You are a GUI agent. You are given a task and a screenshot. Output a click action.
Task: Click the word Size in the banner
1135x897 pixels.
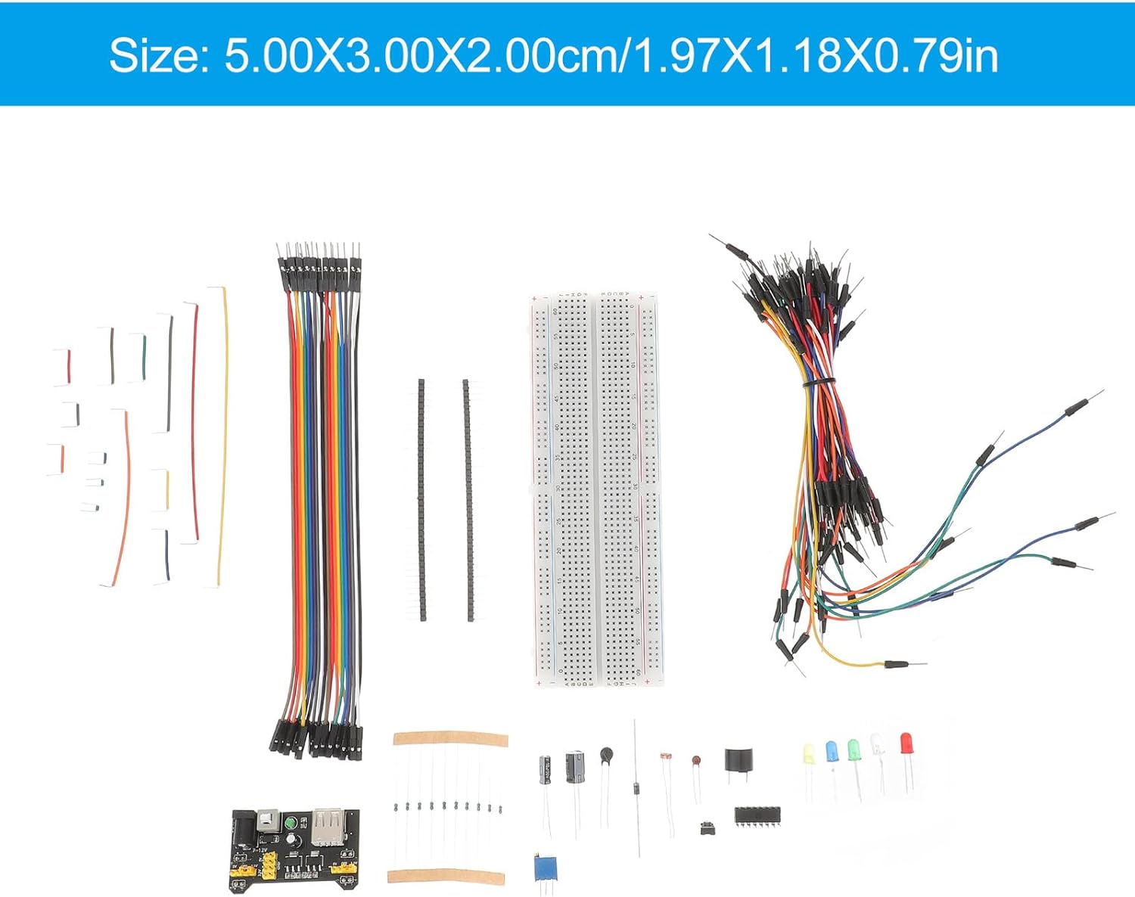pos(157,55)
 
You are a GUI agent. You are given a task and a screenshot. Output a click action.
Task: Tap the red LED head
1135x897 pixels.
pos(906,743)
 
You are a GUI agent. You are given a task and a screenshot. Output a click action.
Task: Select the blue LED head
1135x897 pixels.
pos(832,751)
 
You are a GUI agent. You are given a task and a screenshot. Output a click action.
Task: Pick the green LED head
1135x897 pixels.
pos(854,750)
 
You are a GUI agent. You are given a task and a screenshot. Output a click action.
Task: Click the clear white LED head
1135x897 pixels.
pos(878,744)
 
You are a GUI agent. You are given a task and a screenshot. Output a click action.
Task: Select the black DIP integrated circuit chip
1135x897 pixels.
pos(757,815)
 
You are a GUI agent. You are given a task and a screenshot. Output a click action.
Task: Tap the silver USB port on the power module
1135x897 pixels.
pos(326,826)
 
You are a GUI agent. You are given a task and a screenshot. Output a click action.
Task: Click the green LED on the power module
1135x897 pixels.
pos(289,824)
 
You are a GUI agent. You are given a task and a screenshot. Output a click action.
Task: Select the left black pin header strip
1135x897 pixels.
pos(421,499)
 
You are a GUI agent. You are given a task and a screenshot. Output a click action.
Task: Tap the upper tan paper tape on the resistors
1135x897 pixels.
pos(449,739)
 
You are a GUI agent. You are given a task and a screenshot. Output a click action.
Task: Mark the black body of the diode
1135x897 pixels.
pos(636,789)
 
